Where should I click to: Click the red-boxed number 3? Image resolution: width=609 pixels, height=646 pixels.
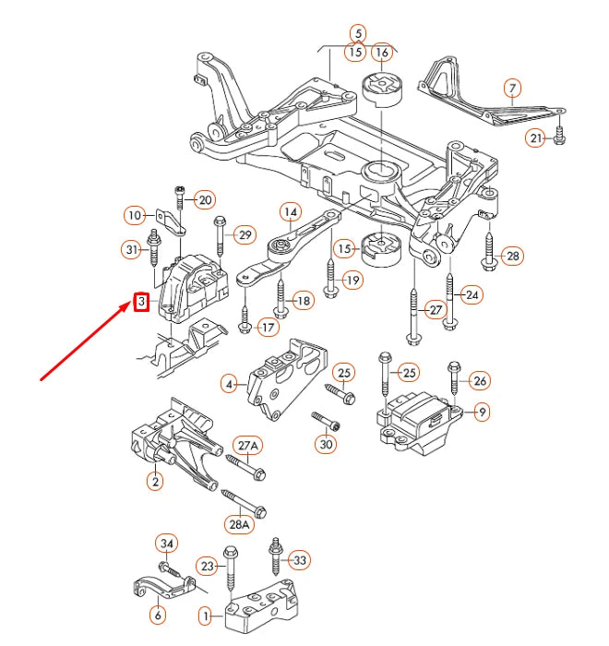tap(141, 302)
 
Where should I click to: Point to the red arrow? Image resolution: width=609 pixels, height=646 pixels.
tap(88, 341)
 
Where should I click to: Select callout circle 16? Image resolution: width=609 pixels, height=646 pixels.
tap(381, 52)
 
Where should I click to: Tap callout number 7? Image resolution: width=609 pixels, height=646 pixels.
tap(512, 89)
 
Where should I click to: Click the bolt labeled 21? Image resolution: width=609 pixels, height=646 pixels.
tap(560, 138)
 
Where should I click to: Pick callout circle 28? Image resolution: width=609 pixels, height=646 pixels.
tap(512, 256)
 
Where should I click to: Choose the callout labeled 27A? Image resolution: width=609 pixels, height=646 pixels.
tap(248, 446)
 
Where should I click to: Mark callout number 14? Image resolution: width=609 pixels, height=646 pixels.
tap(290, 212)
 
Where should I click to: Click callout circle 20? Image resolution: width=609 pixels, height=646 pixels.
tap(205, 199)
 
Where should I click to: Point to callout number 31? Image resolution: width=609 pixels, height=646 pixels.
tap(132, 248)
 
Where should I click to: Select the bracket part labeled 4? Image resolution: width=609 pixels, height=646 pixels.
tap(281, 378)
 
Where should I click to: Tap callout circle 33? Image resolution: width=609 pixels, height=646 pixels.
tap(300, 560)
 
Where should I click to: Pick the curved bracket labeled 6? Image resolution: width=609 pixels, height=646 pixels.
tap(159, 587)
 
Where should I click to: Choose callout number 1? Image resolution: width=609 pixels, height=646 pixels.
tap(205, 613)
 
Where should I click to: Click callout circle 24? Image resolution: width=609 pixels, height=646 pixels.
tap(472, 295)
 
